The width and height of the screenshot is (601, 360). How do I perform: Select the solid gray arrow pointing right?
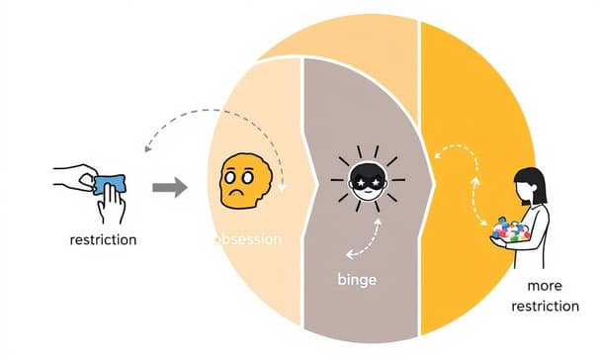[x=171, y=187]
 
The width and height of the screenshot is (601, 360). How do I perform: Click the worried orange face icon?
[x=240, y=180]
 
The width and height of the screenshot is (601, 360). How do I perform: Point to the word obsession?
[x=247, y=239]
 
